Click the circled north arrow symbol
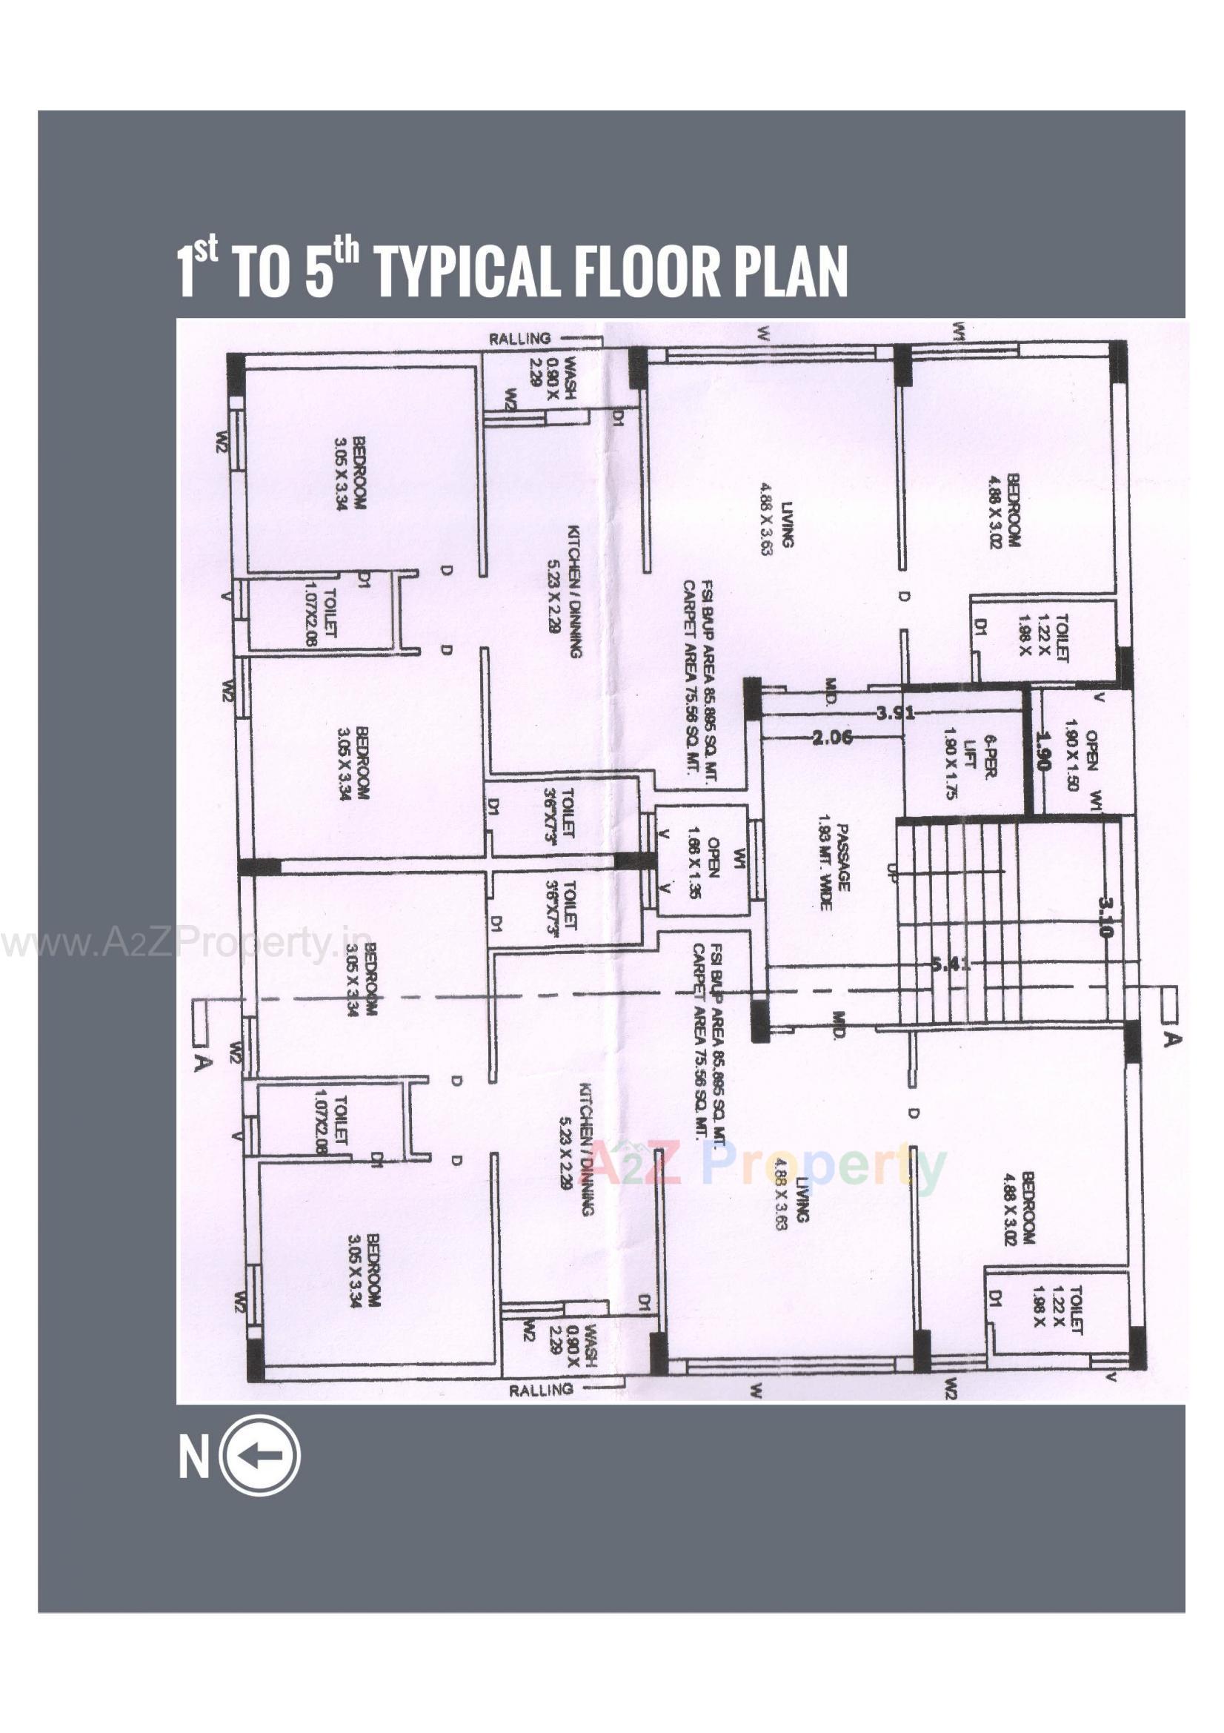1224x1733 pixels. [x=260, y=1456]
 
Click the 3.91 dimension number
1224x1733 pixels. [x=895, y=712]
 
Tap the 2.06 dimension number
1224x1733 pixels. [x=832, y=738]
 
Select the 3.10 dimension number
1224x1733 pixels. [x=1105, y=916]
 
